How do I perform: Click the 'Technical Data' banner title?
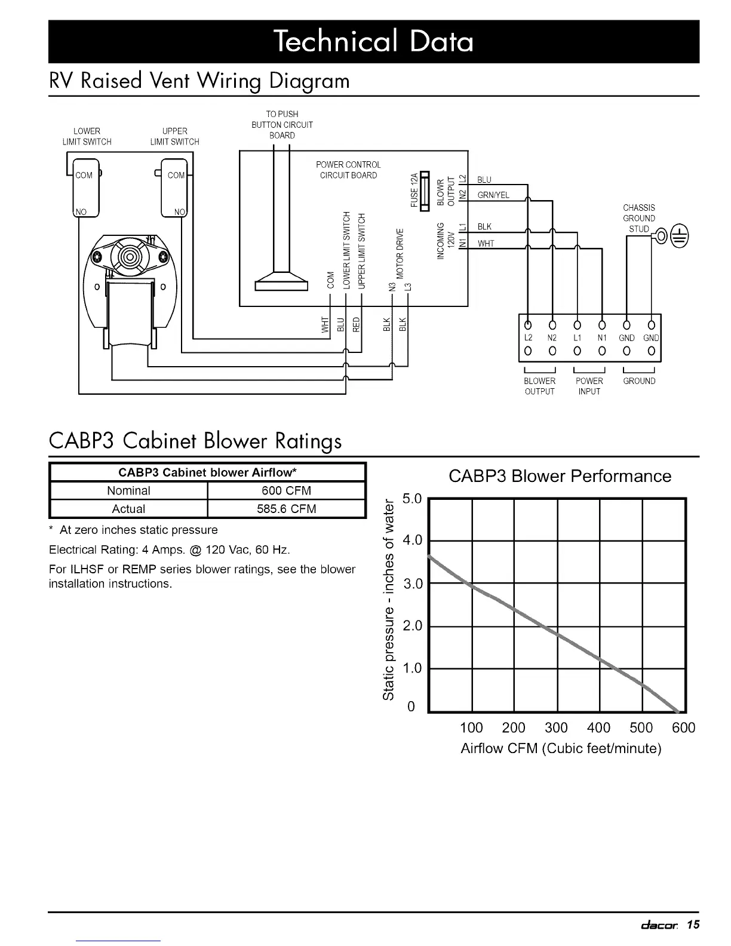[373, 42]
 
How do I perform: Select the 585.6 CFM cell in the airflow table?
[286, 509]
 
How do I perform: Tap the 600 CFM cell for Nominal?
[286, 491]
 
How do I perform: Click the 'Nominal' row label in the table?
[128, 491]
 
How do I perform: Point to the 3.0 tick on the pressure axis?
[413, 583]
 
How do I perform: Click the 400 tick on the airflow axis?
[598, 727]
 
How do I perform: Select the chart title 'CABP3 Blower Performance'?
[560, 476]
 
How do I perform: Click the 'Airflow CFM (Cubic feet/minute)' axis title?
[561, 748]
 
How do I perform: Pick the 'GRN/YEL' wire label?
[493, 195]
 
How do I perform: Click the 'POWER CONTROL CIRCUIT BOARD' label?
[348, 170]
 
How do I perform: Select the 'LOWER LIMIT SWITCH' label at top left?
[87, 136]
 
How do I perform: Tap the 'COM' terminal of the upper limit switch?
[176, 176]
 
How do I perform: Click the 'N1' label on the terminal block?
[602, 338]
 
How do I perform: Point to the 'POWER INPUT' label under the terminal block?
[589, 386]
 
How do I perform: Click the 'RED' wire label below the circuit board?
[357, 323]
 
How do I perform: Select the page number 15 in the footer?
[693, 925]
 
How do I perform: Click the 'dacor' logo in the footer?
[659, 926]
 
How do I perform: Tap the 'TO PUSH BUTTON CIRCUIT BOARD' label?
[282, 124]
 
